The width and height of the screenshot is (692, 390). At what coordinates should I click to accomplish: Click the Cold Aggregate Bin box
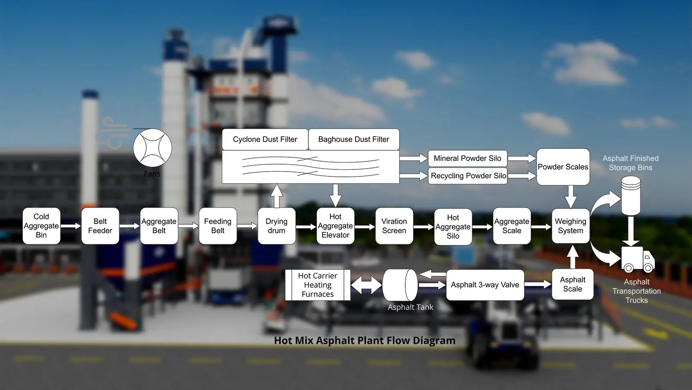tap(41, 226)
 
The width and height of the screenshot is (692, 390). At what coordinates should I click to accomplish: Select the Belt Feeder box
tap(100, 226)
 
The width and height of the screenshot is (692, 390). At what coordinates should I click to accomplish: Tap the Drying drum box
tap(276, 226)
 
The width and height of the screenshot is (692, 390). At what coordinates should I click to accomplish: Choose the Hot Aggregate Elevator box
tap(335, 226)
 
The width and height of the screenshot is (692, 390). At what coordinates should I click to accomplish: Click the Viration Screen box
tap(394, 226)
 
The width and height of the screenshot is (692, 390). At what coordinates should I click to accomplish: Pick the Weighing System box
tap(570, 226)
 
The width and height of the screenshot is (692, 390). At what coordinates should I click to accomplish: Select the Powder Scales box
tap(563, 167)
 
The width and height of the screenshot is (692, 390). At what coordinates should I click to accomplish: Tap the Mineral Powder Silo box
tap(468, 159)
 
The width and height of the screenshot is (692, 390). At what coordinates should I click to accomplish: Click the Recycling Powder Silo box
tap(468, 176)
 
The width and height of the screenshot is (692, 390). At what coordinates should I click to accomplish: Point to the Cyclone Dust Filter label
tap(265, 140)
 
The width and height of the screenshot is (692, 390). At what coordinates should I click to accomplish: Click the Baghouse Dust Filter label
tap(353, 140)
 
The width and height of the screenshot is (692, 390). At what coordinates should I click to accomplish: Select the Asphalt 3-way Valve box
tap(485, 285)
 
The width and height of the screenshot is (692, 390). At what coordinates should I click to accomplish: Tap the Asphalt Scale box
tap(572, 284)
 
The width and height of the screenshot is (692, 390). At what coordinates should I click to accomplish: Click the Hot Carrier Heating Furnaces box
tap(317, 285)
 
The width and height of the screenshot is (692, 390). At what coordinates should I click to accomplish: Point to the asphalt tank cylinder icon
tap(400, 285)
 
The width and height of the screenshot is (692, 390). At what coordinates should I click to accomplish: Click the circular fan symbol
tap(152, 148)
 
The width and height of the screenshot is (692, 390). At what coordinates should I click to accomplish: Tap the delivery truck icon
tap(638, 259)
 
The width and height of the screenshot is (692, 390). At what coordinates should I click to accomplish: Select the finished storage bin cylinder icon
tap(631, 195)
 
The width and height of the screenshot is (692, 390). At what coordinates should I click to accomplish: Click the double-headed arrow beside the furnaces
tap(366, 285)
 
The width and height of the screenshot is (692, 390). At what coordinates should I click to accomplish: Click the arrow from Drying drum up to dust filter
tap(276, 195)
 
